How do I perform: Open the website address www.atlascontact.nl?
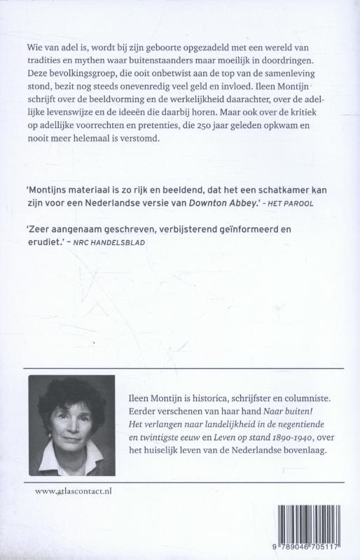(73, 493)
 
